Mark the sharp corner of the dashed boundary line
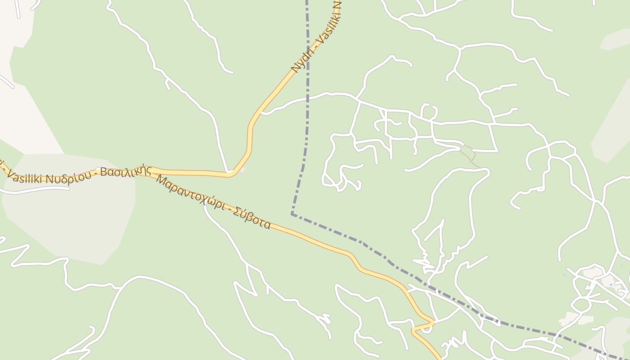click(292, 214)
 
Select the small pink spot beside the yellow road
click(243, 170)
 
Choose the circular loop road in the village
click(581, 305)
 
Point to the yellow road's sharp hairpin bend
click(433, 322)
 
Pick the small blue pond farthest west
click(564, 274)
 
